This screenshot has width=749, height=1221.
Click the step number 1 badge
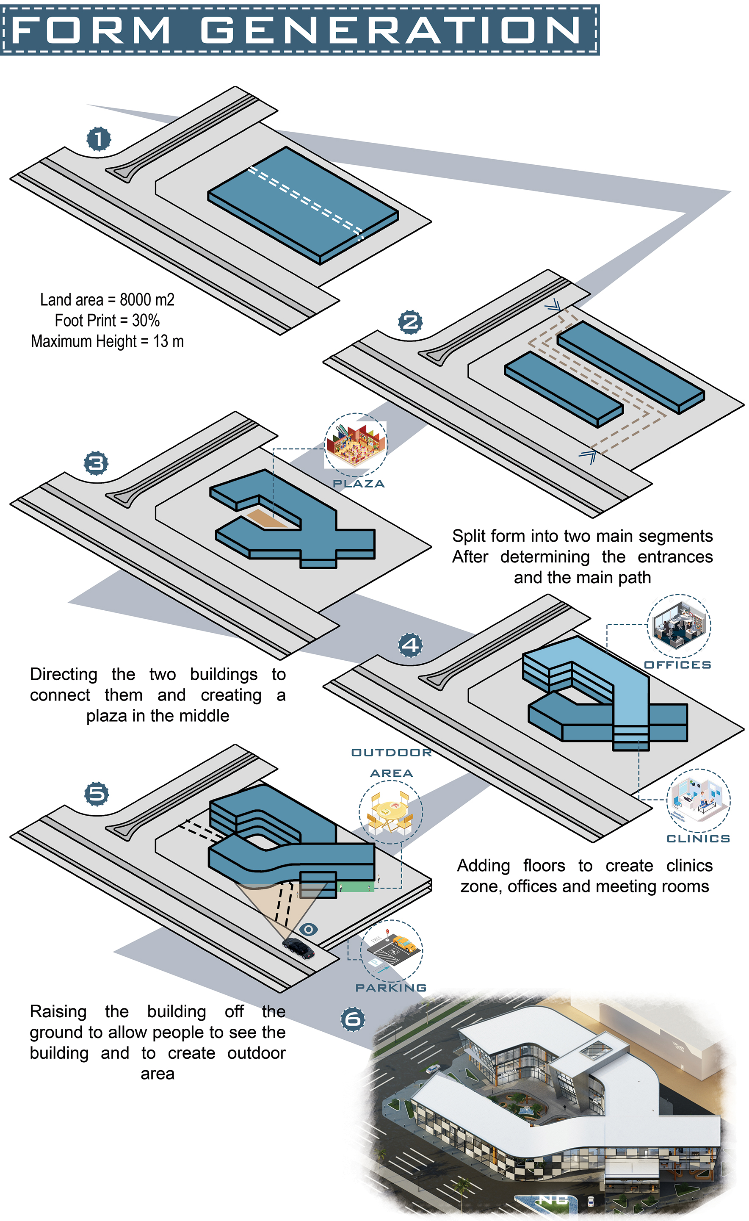pos(99,139)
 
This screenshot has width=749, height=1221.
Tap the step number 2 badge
pos(411,323)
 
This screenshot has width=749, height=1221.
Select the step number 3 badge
pos(96,463)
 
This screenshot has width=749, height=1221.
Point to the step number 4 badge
pos(411,645)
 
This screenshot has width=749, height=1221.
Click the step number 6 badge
pos(353,1019)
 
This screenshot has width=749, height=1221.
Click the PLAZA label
pos(359,484)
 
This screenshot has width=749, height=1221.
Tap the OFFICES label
pos(678,664)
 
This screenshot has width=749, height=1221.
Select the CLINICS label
pos(699,839)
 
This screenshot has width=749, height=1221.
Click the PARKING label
pos(391,988)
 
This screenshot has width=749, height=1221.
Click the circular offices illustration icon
pos(679,626)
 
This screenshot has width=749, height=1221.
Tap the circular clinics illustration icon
pos(699,800)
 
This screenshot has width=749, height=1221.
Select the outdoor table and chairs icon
pos(391,812)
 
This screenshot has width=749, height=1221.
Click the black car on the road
pos(298,948)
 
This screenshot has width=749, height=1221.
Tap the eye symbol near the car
pos(309,929)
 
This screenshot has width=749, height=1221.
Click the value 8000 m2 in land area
pos(147,300)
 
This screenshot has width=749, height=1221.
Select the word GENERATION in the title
pos(391,30)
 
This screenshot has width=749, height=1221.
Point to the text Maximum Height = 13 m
pos(108,341)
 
